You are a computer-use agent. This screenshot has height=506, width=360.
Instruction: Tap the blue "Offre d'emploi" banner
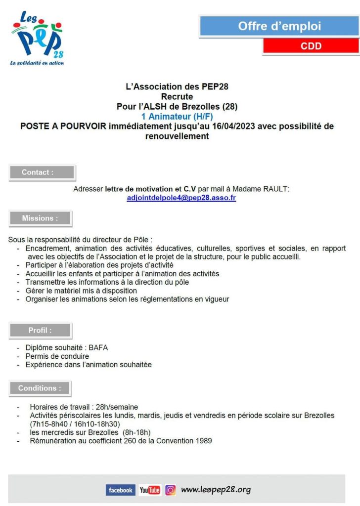(279, 26)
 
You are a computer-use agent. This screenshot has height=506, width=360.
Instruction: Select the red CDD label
(311, 46)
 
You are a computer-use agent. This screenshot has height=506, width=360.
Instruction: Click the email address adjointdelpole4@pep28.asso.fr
(181, 198)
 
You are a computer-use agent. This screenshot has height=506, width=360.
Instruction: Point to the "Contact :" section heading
(42, 172)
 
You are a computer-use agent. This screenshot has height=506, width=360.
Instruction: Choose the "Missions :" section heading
(40, 218)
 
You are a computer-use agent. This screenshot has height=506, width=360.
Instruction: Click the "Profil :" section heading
(40, 330)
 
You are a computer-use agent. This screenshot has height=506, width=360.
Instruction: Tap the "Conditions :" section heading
(40, 388)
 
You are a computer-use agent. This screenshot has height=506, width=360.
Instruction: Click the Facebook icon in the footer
(120, 490)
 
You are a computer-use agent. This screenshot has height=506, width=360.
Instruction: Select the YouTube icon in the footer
(150, 490)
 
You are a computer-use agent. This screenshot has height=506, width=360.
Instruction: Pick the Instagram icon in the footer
(171, 490)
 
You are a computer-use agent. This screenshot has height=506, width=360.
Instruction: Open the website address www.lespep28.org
(216, 490)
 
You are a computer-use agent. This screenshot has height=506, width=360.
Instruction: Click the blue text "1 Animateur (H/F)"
(177, 117)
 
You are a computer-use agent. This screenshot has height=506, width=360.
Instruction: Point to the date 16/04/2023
(225, 126)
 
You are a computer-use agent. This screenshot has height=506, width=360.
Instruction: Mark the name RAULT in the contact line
(276, 189)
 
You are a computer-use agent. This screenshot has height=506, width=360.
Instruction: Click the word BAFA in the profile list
(98, 347)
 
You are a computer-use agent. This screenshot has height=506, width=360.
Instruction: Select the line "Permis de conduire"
(57, 356)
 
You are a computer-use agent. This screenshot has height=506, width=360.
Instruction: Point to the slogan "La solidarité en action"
(37, 63)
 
